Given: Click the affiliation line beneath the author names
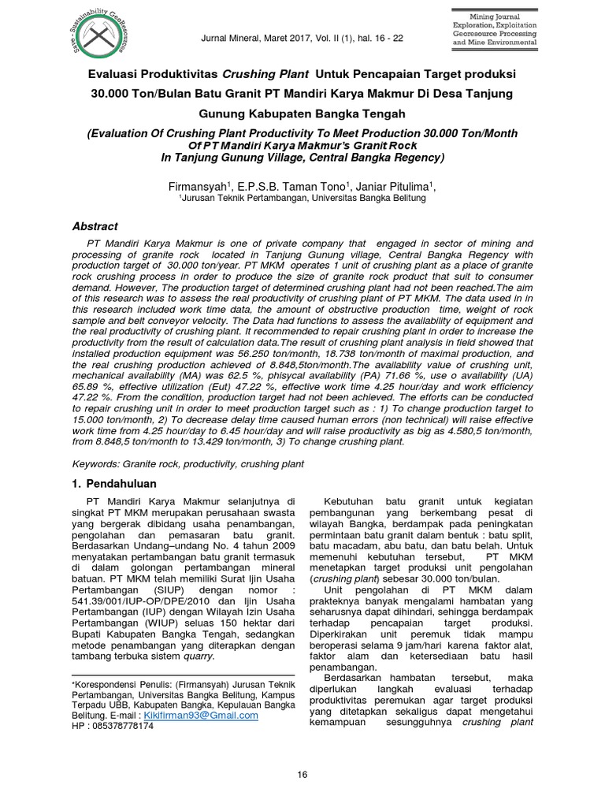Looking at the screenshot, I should click(x=302, y=199).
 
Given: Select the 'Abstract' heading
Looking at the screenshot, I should click(x=95, y=225).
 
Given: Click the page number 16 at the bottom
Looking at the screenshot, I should click(x=302, y=775).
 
